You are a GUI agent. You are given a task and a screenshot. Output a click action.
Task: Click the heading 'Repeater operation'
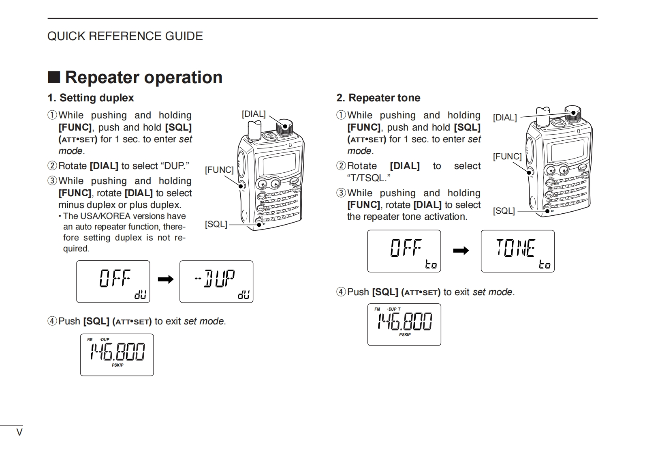click(143, 77)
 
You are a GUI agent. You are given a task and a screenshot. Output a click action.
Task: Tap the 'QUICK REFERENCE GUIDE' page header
click(125, 36)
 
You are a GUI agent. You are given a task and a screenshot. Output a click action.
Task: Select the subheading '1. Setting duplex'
click(90, 98)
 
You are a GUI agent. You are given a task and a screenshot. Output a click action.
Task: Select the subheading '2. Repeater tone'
click(378, 98)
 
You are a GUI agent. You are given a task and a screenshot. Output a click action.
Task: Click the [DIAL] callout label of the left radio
click(254, 114)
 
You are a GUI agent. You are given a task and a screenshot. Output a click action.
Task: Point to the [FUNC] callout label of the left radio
click(219, 170)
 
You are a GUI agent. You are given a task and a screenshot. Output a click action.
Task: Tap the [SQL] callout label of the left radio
click(216, 224)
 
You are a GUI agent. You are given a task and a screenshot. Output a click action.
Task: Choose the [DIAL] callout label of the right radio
click(505, 118)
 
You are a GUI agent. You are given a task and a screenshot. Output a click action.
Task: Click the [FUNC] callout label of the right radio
click(507, 157)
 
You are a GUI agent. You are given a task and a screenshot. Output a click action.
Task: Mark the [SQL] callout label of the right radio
click(504, 211)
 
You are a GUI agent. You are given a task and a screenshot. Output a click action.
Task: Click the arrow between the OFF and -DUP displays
click(165, 279)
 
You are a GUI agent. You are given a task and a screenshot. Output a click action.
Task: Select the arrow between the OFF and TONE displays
click(461, 251)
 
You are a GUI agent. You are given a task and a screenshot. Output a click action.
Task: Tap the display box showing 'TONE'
click(517, 251)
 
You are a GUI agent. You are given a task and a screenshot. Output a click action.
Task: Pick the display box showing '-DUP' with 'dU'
click(216, 281)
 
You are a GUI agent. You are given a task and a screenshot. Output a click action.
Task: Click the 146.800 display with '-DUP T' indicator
click(404, 325)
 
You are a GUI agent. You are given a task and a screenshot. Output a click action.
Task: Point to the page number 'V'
click(19, 432)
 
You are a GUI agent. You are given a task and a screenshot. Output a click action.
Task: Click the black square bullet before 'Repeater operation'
click(54, 77)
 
